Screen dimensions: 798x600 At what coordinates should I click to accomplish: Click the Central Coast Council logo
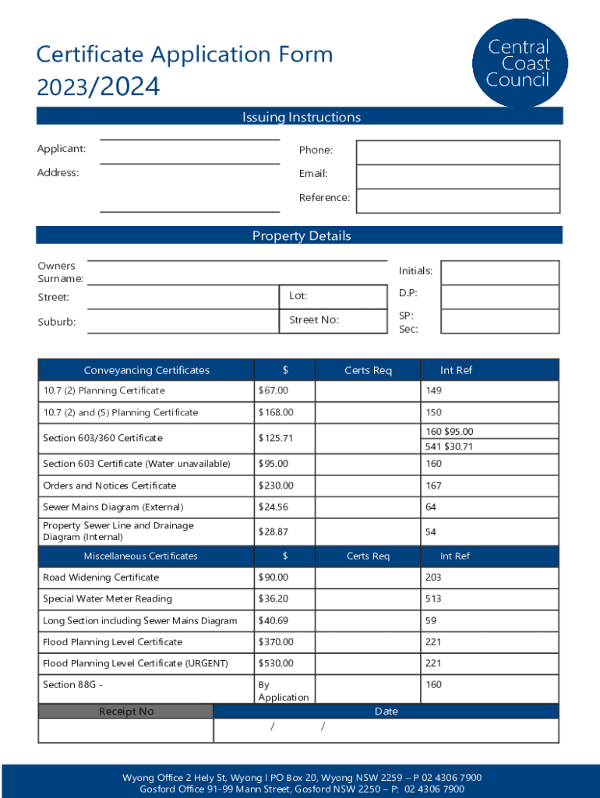pos(518,63)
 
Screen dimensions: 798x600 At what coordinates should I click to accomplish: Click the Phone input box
pos(457,153)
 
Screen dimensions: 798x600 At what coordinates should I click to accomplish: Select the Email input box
pos(457,177)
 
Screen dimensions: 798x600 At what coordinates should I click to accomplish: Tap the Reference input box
pos(457,200)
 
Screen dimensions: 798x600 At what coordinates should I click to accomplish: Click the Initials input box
pos(499,273)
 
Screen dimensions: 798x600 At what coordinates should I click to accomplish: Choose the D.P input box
pos(499,296)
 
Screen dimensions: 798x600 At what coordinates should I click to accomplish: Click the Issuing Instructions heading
pos(301,117)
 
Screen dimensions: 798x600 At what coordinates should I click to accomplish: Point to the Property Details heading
pos(301,236)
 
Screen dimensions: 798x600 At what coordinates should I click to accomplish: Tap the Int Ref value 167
pos(433,486)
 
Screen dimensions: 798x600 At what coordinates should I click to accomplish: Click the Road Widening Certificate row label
pos(101,577)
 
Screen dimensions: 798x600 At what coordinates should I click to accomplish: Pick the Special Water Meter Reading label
pos(108,598)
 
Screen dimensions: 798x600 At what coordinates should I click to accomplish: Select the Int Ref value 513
pos(433,598)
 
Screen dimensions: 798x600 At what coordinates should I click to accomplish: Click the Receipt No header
pos(126,711)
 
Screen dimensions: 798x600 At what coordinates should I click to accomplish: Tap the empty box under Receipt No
pos(126,730)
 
